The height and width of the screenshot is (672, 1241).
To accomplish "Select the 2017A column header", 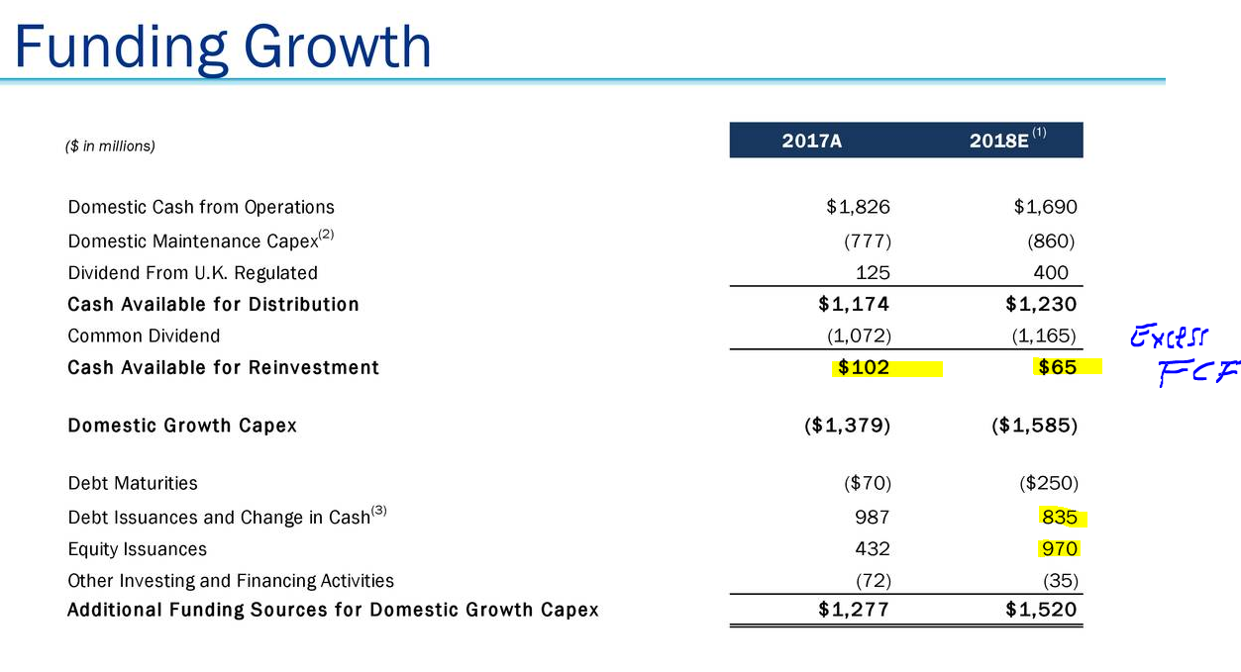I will [x=811, y=141].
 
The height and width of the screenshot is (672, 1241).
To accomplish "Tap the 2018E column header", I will [x=1000, y=141].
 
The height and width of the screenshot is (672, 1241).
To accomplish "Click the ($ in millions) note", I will [x=109, y=145].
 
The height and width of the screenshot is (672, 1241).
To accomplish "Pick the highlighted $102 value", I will [x=864, y=368].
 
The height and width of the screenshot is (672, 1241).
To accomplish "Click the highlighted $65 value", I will [x=1056, y=368].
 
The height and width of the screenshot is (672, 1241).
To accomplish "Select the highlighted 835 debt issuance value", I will [x=1059, y=517].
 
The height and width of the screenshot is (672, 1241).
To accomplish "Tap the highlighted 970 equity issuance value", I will [x=1059, y=548].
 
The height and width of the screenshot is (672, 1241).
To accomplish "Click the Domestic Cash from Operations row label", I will [x=201, y=207].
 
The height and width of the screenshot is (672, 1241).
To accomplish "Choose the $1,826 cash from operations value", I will [x=858, y=207].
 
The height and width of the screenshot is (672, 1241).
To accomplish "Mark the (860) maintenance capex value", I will [x=1051, y=240].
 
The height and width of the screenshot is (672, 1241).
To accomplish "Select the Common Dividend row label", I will [x=144, y=336].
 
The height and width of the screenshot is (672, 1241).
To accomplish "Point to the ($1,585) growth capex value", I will [x=1034, y=426].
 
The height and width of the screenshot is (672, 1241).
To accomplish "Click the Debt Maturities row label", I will [x=133, y=483].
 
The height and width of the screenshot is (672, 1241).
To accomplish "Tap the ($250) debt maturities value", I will [x=1048, y=483].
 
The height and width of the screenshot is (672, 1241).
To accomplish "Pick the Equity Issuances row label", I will [x=137, y=548].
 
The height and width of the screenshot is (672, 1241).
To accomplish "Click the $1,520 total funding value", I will [x=1040, y=610].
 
